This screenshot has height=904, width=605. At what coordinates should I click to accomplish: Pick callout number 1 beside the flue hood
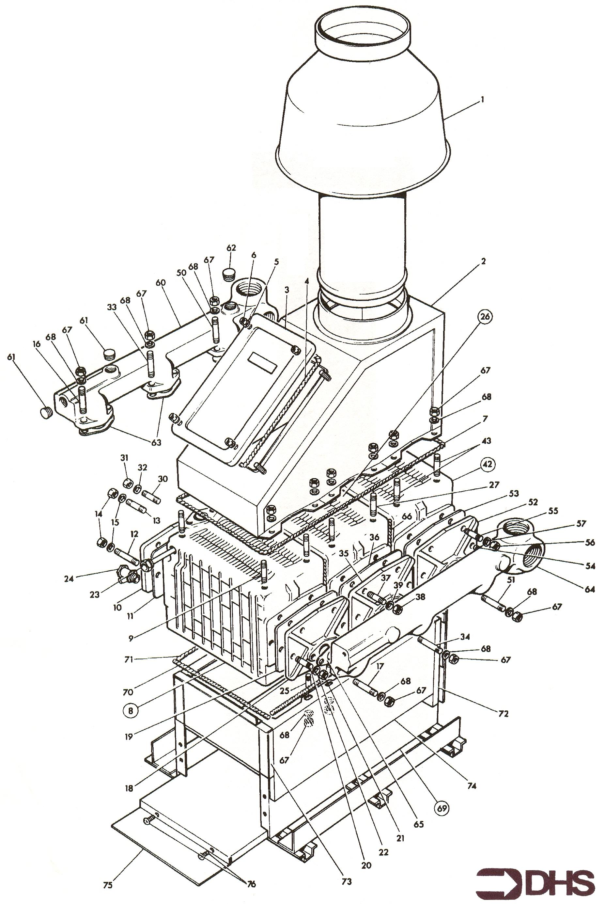482,100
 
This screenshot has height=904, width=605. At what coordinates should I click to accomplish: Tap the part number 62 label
231,248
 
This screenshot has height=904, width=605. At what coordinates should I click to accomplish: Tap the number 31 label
124,458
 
